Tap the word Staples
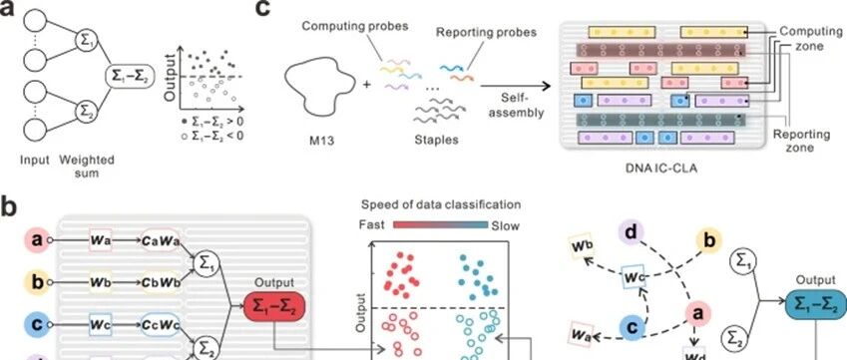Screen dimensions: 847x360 tap(436, 140)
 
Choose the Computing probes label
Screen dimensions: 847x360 tap(354, 26)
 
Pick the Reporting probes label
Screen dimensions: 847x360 tap(486, 32)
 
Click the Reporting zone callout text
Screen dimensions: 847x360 tap(793, 141)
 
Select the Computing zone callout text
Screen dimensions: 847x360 tap(809, 38)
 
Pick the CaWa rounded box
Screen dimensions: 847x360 tap(160, 240)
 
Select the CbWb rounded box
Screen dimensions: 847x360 tap(160, 282)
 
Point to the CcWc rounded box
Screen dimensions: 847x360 tap(160, 324)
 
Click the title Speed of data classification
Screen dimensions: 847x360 tap(441, 204)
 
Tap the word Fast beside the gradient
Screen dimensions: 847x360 tap(372, 224)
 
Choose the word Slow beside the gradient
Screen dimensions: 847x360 tap(505, 225)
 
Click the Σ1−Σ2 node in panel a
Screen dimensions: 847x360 tap(129, 77)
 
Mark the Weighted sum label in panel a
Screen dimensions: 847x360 tap(87, 167)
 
